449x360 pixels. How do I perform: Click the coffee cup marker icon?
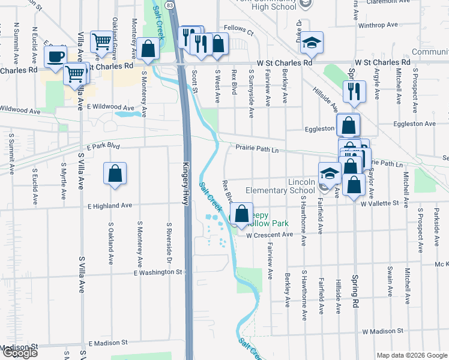(56, 56)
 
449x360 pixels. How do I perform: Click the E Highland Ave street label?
(109, 205)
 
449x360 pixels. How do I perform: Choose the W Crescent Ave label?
(270, 235)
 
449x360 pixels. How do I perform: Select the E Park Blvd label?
(103, 146)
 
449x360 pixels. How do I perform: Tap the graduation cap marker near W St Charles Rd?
(311, 41)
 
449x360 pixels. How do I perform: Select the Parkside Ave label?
(436, 223)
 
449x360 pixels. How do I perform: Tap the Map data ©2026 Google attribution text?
(412, 355)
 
